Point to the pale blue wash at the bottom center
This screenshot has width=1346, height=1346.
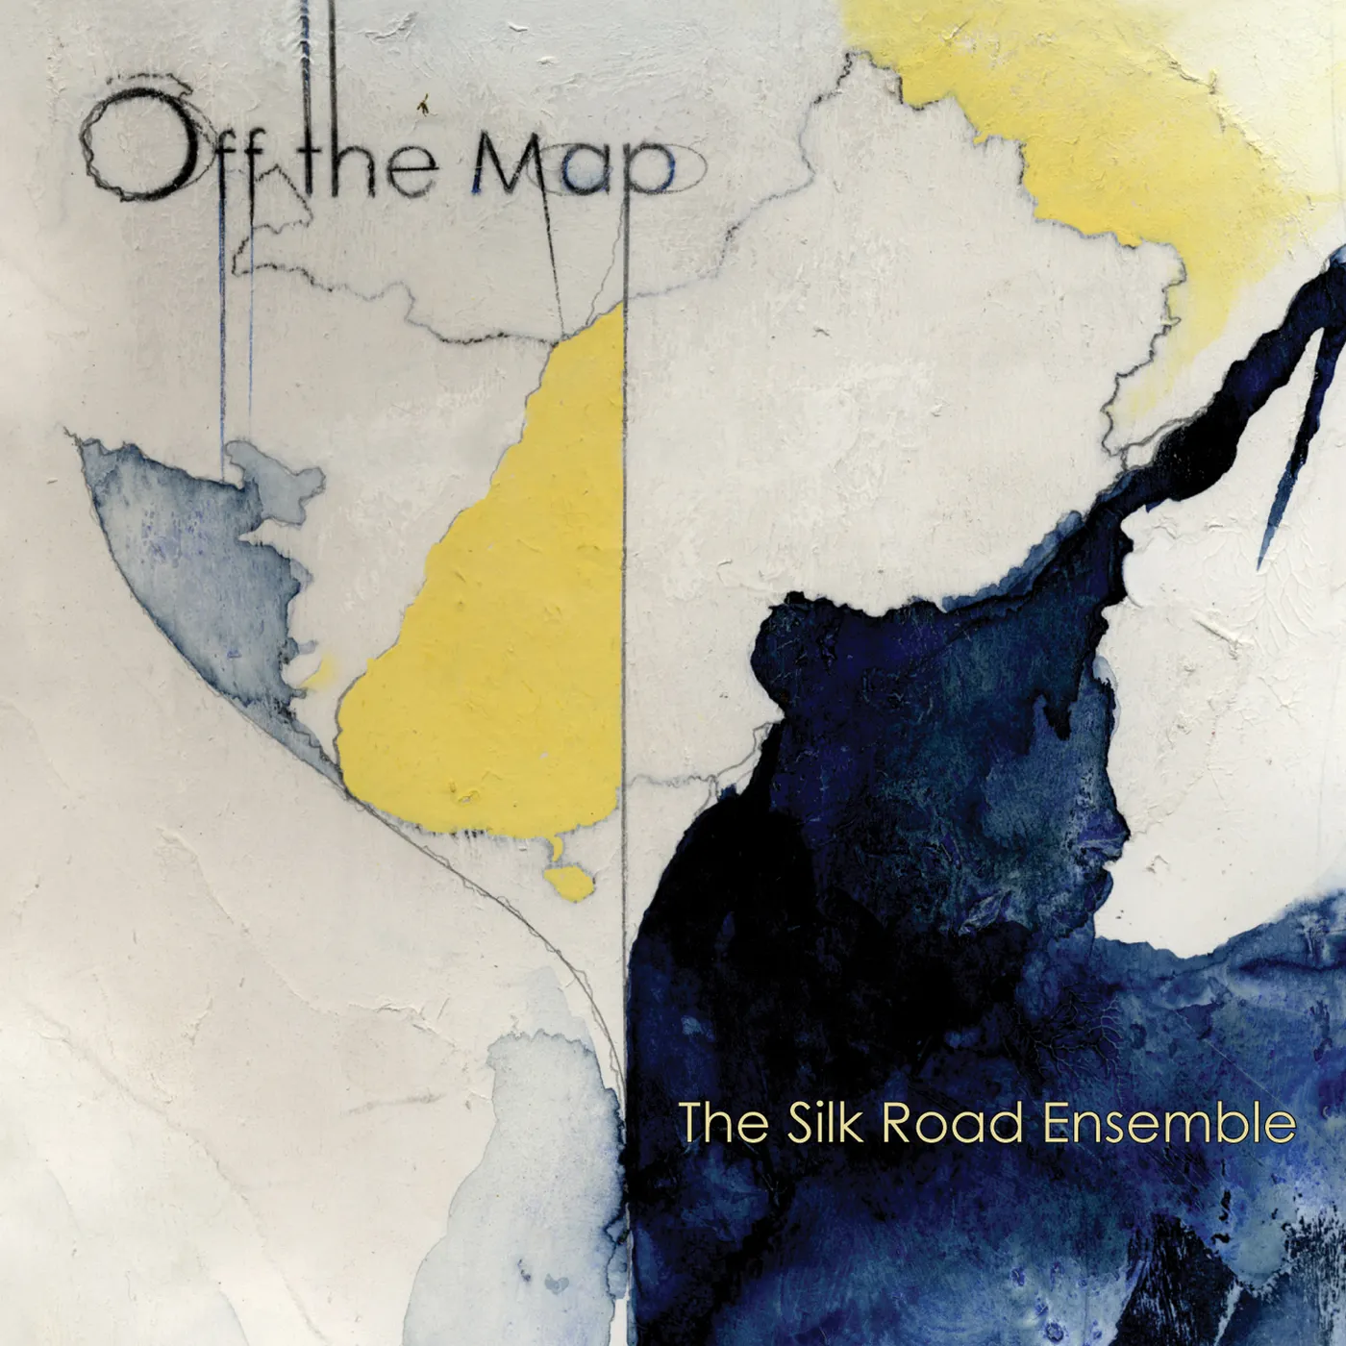538,1183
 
